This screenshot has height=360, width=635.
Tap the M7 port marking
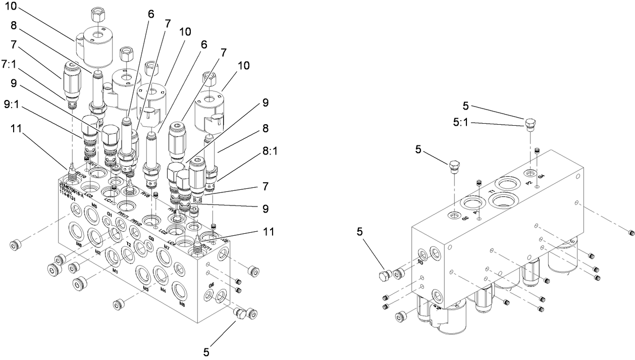167,248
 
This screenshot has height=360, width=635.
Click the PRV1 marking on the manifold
124,218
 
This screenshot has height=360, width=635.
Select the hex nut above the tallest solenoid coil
97,15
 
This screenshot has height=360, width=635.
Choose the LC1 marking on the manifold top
107,200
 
